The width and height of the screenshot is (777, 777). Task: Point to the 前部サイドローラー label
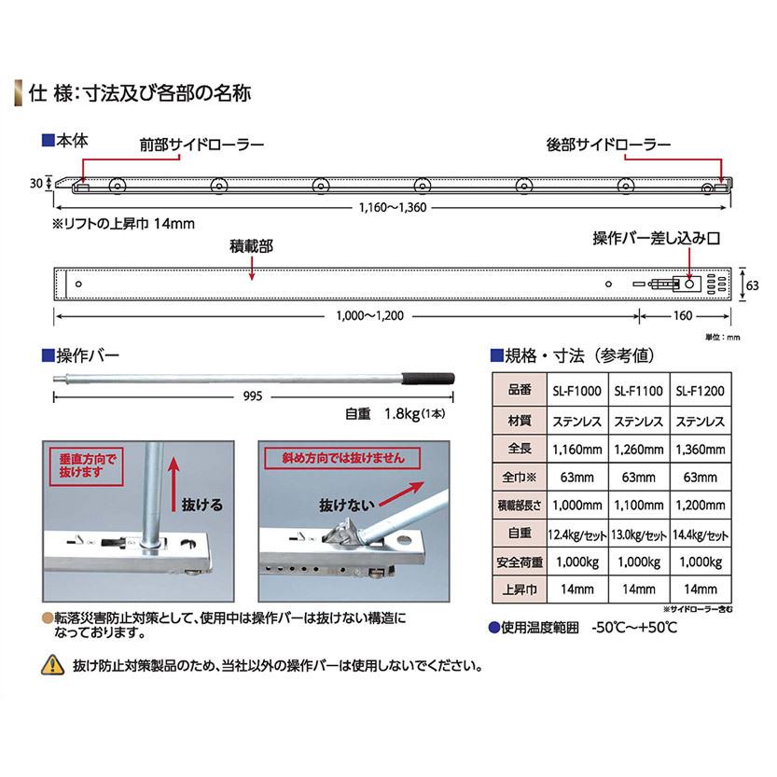click(x=201, y=146)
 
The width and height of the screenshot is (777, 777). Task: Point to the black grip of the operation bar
click(x=428, y=378)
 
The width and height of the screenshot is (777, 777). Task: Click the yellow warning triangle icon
click(x=52, y=666)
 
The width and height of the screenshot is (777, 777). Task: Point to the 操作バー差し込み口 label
click(x=658, y=239)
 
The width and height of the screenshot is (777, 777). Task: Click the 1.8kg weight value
click(x=395, y=414)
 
